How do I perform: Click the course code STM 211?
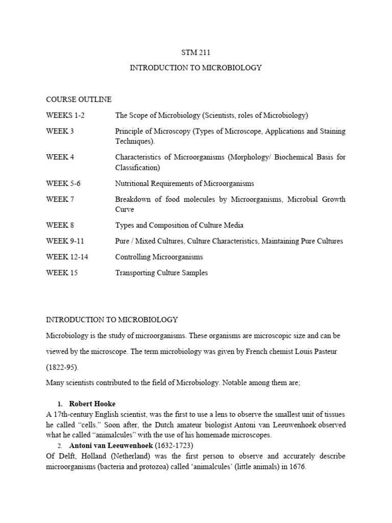[196, 52]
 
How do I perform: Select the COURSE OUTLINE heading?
[79, 99]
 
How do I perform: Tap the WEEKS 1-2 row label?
[65, 115]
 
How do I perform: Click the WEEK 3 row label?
[60, 131]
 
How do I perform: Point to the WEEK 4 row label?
[60, 157]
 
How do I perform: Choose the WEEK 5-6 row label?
[63, 183]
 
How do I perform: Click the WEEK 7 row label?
[60, 199]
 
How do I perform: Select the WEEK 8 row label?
[60, 225]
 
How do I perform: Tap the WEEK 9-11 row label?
[65, 241]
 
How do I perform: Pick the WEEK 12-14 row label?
[67, 257]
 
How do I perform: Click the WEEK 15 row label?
[62, 273]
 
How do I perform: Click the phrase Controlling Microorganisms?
[159, 257]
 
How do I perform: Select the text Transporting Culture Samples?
[161, 273]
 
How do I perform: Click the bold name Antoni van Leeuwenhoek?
[112, 445]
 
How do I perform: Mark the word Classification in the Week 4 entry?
[137, 167]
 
